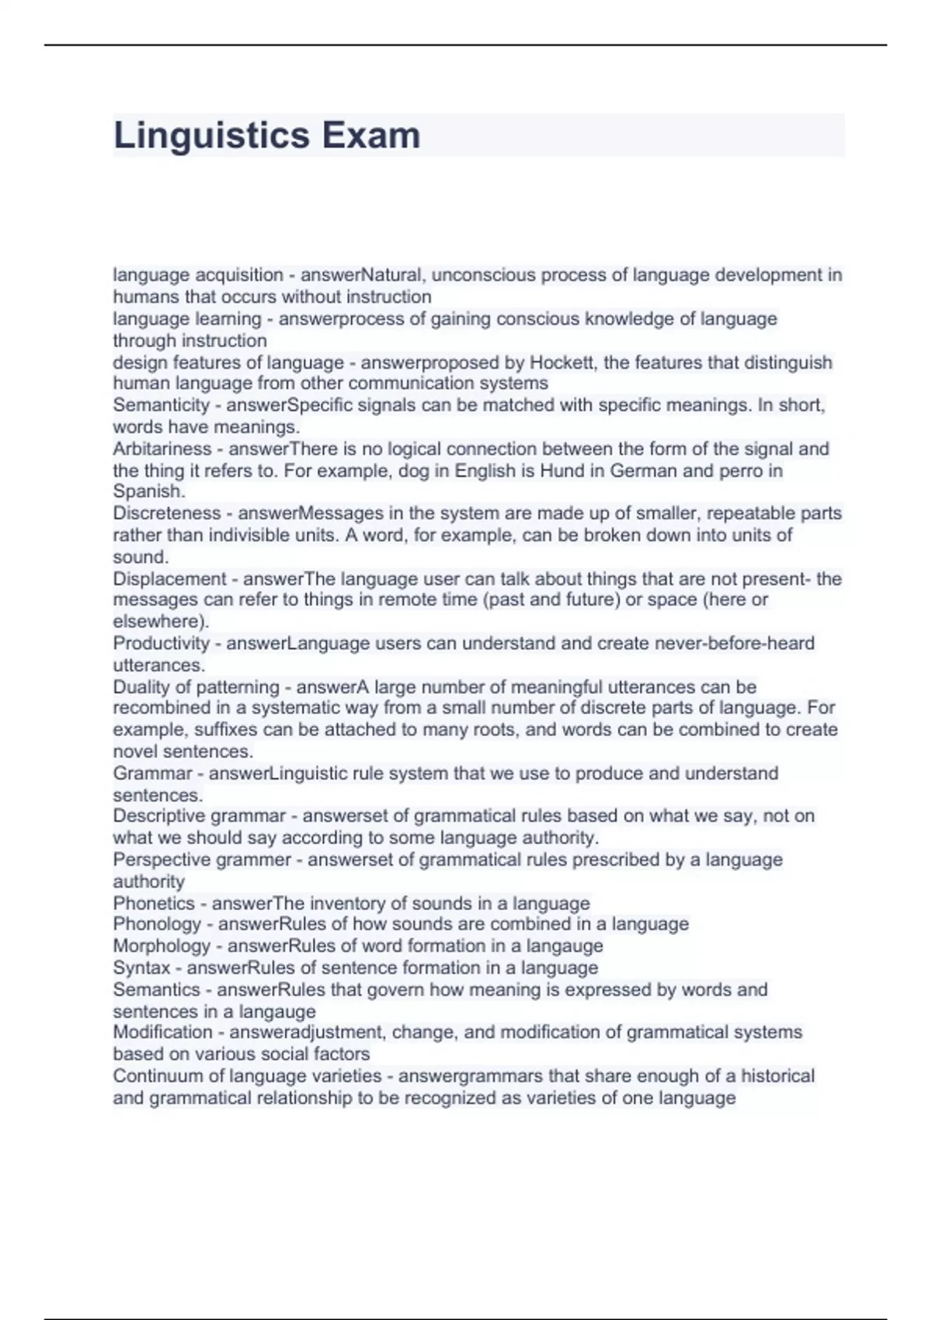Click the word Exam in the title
(371, 136)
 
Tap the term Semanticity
(162, 405)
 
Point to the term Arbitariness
(162, 449)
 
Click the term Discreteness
(167, 513)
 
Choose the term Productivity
(162, 644)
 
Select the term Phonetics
(154, 903)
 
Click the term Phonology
(157, 924)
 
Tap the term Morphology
(162, 946)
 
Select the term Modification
(162, 1033)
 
